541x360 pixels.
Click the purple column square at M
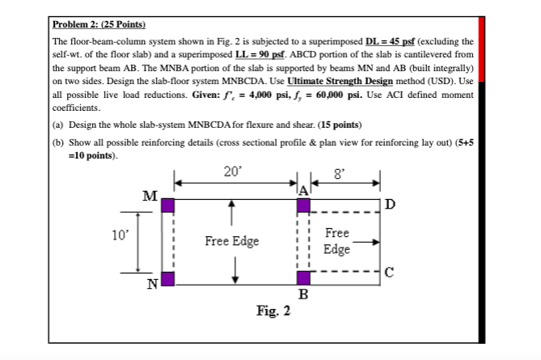[x=167, y=205]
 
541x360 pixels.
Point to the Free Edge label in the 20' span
[x=232, y=241]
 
